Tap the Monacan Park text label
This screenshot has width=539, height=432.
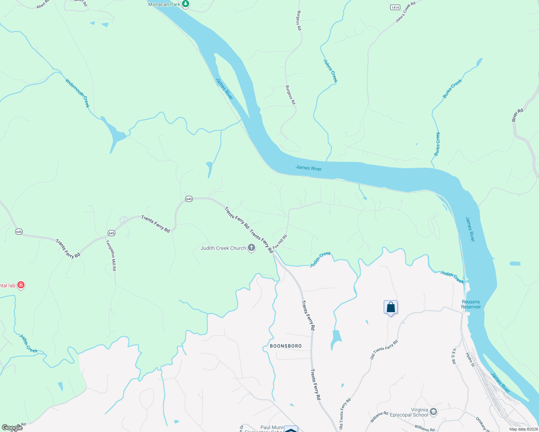pyautogui.click(x=164, y=4)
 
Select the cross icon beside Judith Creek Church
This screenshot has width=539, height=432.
pyautogui.click(x=251, y=248)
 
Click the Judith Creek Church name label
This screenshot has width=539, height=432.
pyautogui.click(x=223, y=248)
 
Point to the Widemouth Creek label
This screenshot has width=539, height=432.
pyautogui.click(x=77, y=93)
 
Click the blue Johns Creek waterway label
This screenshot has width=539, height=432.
pyautogui.click(x=330, y=71)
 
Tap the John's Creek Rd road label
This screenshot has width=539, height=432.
pyautogui.click(x=405, y=12)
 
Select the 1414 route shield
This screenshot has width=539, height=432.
pyautogui.click(x=395, y=8)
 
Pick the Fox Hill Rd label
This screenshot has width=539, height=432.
pyautogui.click(x=280, y=242)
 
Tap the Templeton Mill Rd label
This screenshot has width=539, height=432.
pyautogui.click(x=111, y=255)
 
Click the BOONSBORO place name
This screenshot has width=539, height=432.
pyautogui.click(x=286, y=346)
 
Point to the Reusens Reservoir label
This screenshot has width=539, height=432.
pyautogui.click(x=471, y=304)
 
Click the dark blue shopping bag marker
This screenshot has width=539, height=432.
pyautogui.click(x=391, y=308)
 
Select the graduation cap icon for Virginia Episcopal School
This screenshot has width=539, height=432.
pyautogui.click(x=433, y=412)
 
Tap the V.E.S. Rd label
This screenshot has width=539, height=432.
pyautogui.click(x=454, y=356)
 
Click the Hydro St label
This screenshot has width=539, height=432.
pyautogui.click(x=470, y=360)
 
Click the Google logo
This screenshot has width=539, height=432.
pyautogui.click(x=12, y=428)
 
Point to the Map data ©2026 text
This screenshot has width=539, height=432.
pyautogui.click(x=524, y=429)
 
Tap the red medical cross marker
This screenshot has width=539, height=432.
pyautogui.click(x=21, y=285)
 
